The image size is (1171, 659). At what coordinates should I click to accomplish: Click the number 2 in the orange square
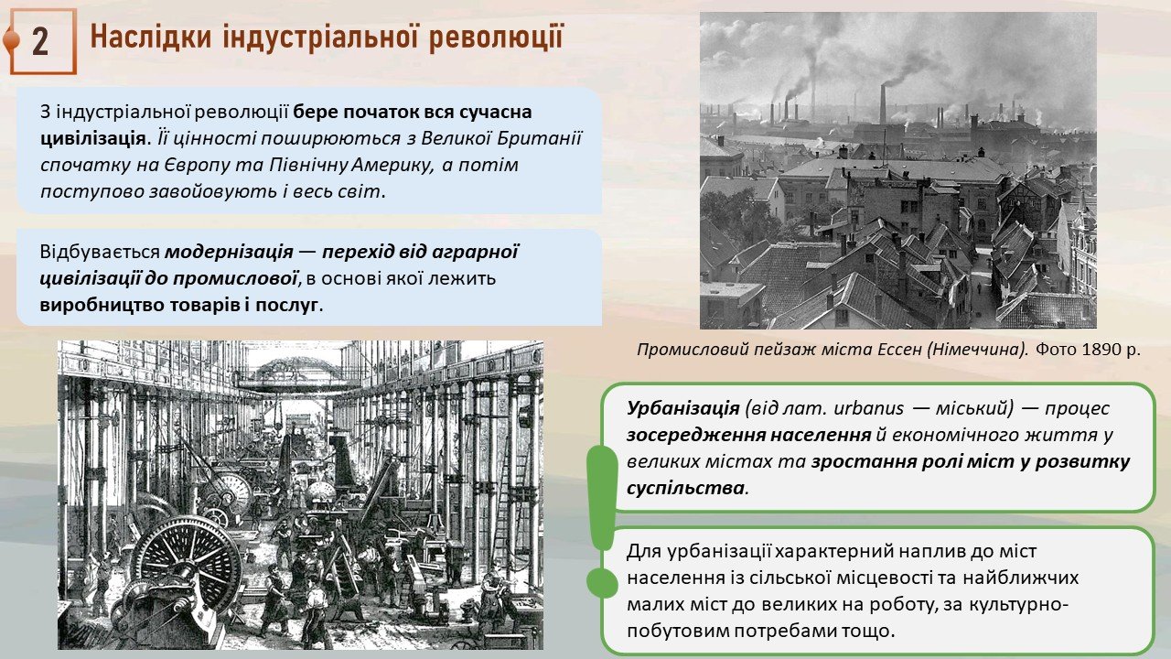[40, 41]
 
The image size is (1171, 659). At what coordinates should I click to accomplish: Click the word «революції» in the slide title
[496, 38]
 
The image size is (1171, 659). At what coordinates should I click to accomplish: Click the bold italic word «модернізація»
[229, 252]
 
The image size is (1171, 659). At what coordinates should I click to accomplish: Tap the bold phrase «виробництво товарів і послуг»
[178, 305]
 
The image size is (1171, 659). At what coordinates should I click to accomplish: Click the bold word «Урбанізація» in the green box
[683, 408]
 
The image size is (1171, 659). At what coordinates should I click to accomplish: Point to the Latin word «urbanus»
[868, 408]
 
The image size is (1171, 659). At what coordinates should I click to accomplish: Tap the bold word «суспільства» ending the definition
[685, 489]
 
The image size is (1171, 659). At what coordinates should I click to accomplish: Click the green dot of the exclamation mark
[602, 583]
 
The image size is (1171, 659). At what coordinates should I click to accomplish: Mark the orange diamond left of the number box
[10, 41]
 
